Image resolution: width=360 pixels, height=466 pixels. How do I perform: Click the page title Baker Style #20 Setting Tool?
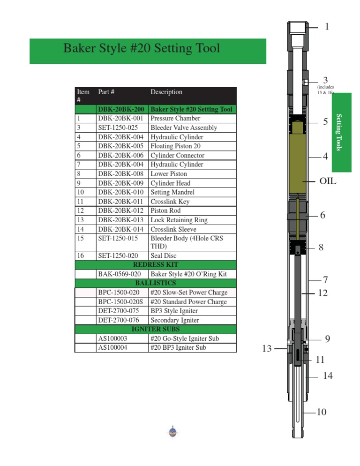click(x=141, y=48)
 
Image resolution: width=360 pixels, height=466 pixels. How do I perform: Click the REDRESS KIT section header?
click(x=156, y=264)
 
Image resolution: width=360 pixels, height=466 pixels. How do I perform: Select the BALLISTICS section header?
click(x=156, y=283)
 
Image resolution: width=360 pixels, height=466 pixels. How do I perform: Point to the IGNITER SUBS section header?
click(x=156, y=330)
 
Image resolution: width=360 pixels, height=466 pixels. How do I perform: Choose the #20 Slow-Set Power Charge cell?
click(x=189, y=293)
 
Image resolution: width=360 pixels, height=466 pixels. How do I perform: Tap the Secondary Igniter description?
click(x=175, y=320)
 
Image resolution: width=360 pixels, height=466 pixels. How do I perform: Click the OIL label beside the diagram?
click(x=328, y=180)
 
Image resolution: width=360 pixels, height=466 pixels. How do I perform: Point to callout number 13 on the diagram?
click(x=266, y=348)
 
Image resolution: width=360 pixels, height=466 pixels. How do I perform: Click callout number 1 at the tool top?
click(x=327, y=27)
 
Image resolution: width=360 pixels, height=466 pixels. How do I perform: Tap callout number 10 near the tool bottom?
click(x=321, y=412)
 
